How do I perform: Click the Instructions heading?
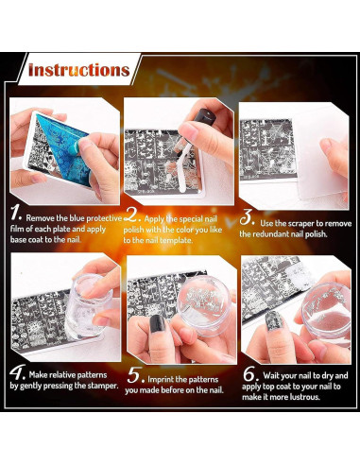coord(78,70)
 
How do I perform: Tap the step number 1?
coord(15,213)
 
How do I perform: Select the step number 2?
coord(131,215)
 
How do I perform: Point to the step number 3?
coord(247,217)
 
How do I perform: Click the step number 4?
coord(17,372)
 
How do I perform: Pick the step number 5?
coord(136,375)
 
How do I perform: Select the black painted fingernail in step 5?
coord(157,323)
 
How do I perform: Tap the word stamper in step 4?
coord(102,386)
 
